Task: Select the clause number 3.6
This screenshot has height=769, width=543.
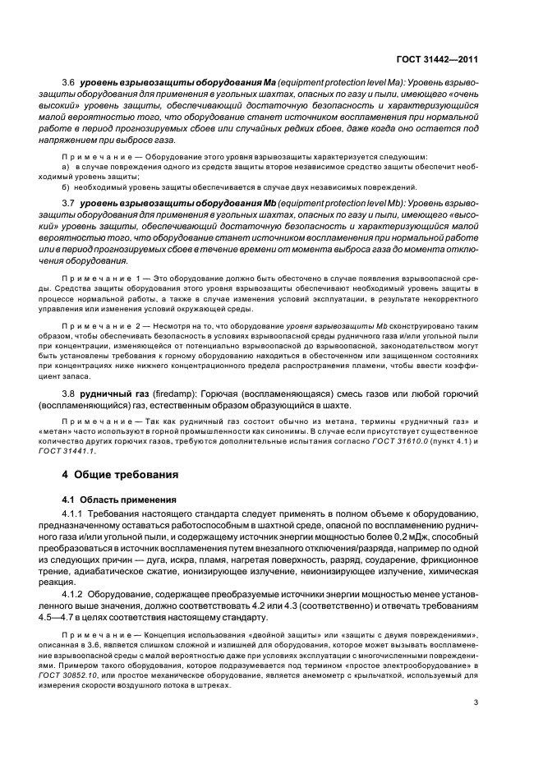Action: tap(68, 83)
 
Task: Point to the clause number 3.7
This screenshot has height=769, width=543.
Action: tap(68, 201)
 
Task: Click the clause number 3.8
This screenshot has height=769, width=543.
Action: tap(68, 395)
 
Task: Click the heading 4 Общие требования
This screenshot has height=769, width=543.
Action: tap(118, 474)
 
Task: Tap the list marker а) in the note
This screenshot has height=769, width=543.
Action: tap(65, 167)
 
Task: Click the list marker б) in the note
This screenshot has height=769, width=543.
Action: tap(65, 186)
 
